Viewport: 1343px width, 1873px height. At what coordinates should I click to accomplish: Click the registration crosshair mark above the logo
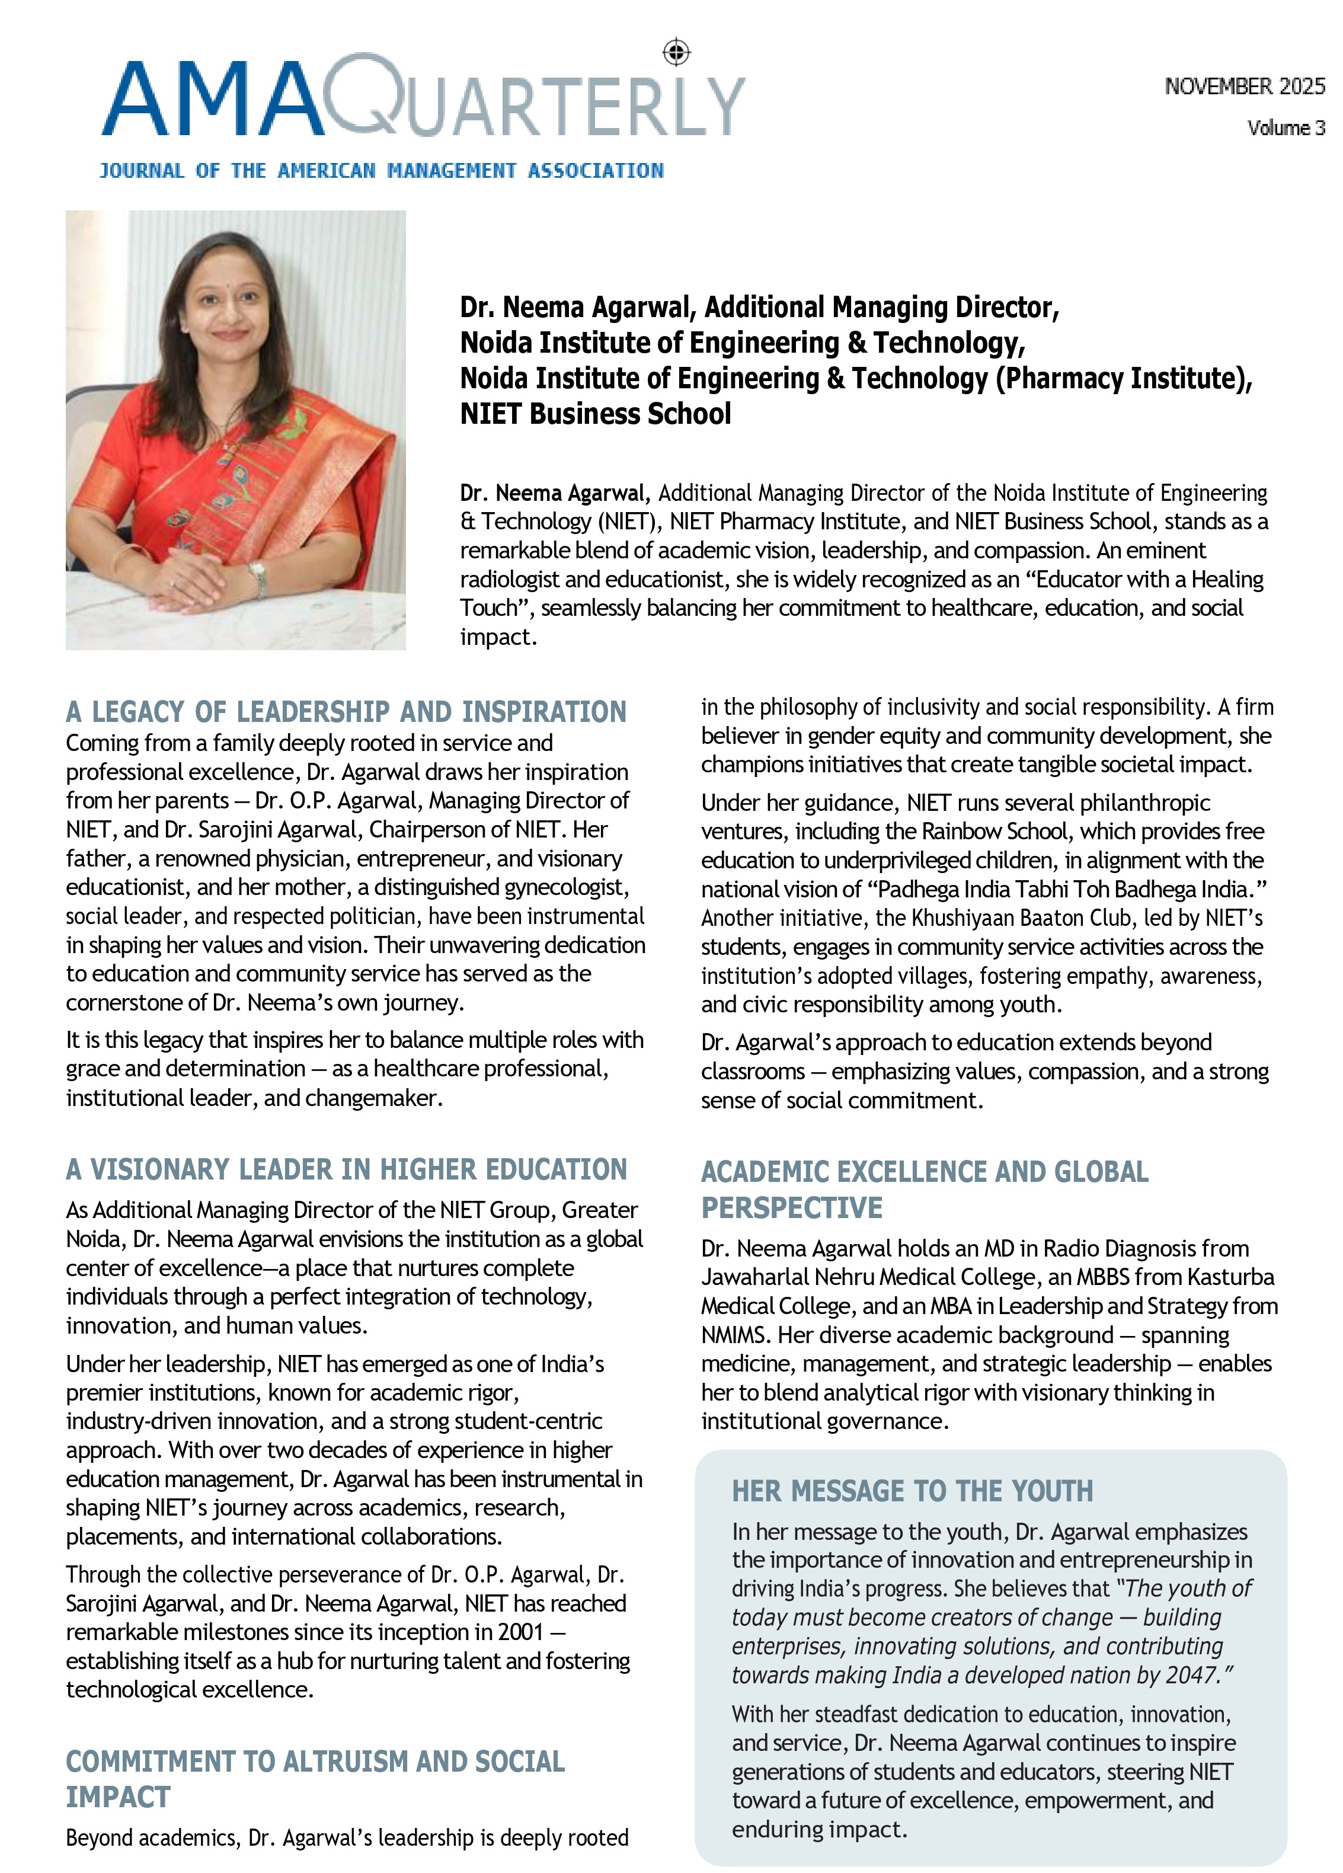[x=676, y=53]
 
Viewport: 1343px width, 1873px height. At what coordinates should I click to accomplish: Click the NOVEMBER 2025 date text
[x=1244, y=86]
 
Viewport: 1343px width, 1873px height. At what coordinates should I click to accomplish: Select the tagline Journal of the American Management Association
[x=382, y=171]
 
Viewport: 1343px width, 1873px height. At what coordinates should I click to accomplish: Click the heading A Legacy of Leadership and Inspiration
[x=346, y=712]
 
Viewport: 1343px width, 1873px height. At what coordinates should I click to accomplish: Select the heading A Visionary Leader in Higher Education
[x=346, y=1169]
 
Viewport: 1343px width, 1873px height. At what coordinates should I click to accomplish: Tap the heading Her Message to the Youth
[x=912, y=1491]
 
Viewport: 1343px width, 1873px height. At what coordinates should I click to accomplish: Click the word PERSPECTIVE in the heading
[x=791, y=1208]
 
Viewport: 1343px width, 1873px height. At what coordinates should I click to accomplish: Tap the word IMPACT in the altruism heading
[x=118, y=1797]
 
